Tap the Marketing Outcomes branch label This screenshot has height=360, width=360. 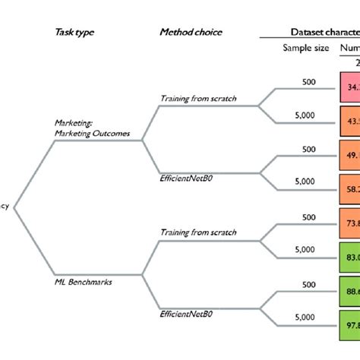[93, 128]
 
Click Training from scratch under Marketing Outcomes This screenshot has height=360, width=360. [198, 98]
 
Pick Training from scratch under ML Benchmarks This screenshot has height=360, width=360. [198, 232]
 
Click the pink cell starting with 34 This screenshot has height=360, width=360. [349, 87]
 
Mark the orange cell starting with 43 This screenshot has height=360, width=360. [349, 121]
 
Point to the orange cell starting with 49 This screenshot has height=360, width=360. [349, 155]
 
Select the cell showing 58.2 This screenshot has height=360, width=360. [349, 188]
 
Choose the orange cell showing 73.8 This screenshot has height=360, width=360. [349, 223]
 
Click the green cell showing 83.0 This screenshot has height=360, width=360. [349, 257]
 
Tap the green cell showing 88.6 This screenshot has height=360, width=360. [349, 290]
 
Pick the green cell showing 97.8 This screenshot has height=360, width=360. [349, 324]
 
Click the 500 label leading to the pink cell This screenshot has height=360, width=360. [308, 81]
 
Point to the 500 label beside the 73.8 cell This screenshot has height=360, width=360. [308, 217]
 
